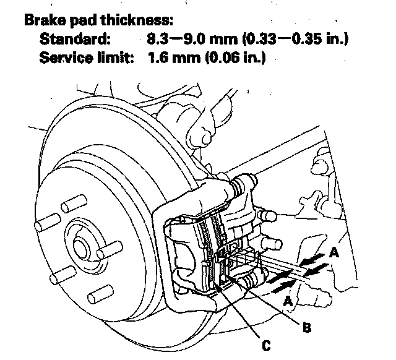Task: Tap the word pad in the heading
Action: tap(82, 20)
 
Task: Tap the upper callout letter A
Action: tap(335, 252)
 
